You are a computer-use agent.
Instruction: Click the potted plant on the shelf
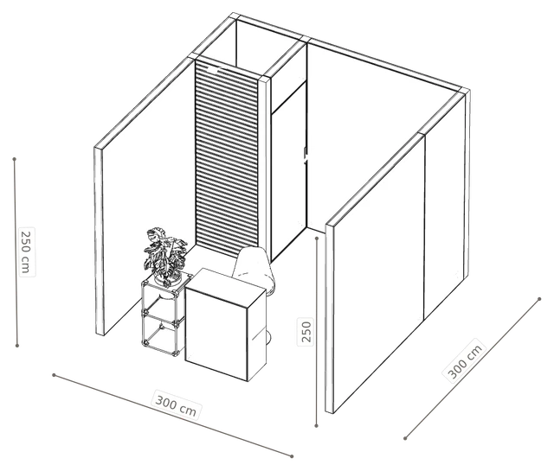tap(165, 256)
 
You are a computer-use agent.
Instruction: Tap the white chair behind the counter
tap(254, 268)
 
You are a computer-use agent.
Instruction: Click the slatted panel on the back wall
tap(227, 157)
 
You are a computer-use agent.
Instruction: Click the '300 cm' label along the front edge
tap(176, 404)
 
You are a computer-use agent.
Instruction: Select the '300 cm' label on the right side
tap(464, 359)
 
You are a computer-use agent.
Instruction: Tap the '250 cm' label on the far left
tap(27, 251)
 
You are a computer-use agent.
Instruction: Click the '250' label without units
tap(306, 331)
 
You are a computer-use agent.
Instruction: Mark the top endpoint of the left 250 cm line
tap(15, 159)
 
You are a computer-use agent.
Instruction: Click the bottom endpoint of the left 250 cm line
tap(17, 346)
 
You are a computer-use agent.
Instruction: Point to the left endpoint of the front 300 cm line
tap(54, 375)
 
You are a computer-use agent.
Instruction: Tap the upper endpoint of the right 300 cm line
tap(539, 299)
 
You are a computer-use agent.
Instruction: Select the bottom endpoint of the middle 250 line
tap(317, 426)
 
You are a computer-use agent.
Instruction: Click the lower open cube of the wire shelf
tap(162, 334)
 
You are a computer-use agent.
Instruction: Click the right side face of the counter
tap(256, 335)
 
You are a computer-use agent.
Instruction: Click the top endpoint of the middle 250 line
tap(317, 239)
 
